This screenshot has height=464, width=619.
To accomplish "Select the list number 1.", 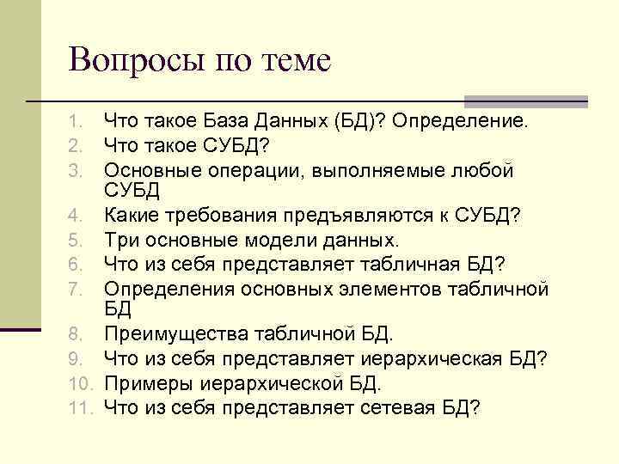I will tap(75, 119).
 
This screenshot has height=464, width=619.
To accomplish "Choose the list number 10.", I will tap(79, 383).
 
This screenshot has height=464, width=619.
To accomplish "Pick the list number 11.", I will tap(79, 407).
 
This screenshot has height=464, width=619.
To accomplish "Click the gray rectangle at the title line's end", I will tap(525, 101).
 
